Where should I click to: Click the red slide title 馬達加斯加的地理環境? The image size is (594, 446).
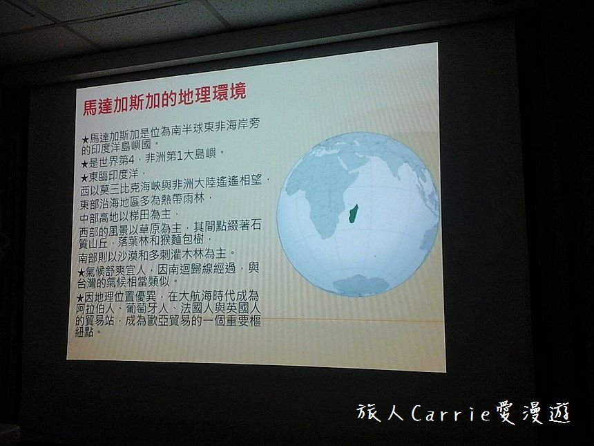(x=164, y=98)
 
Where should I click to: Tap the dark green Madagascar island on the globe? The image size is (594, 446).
(x=353, y=214)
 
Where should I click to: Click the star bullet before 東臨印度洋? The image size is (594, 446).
(x=84, y=178)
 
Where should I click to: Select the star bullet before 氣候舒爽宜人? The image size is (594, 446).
(x=81, y=272)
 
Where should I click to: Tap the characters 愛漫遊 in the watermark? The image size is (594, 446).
(x=532, y=414)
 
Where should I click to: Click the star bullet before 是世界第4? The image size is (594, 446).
(x=84, y=164)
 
